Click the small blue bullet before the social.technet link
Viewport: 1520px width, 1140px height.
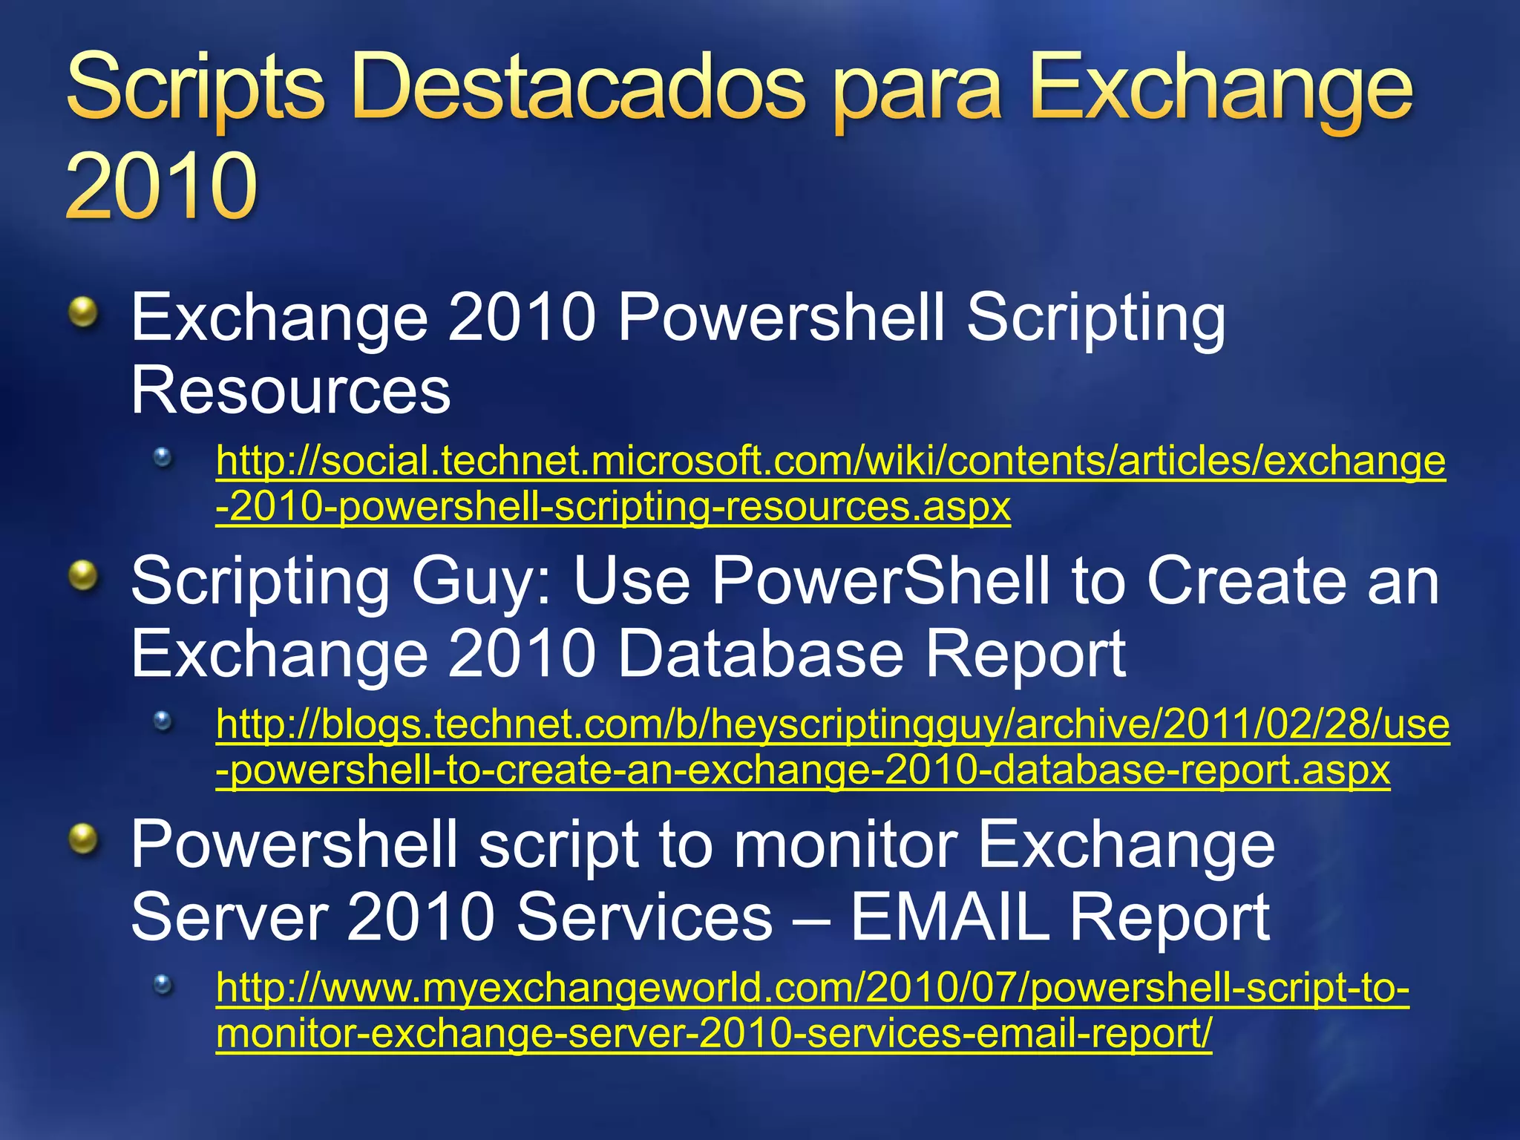163,457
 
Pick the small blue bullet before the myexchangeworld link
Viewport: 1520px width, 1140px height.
163,985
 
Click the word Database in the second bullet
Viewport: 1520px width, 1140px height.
761,653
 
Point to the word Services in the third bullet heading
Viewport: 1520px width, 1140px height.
645,917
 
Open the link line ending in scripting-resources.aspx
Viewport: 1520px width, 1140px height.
613,507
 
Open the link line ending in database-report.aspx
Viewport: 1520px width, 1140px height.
802,770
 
